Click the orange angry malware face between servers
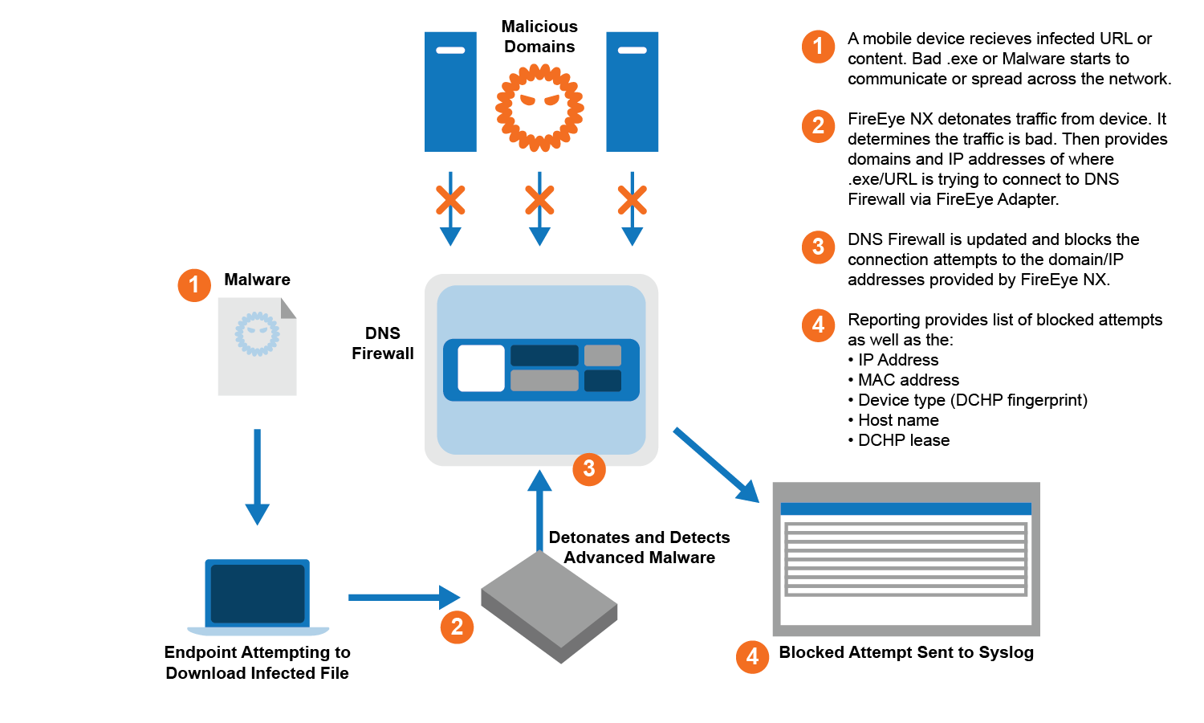coord(539,107)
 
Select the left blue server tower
coord(450,92)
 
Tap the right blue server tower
coord(632,92)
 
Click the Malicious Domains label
coord(539,37)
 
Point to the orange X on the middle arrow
coord(539,200)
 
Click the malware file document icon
coord(257,346)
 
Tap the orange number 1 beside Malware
coord(194,285)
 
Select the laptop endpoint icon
coord(258,597)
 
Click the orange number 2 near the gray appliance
coord(457,627)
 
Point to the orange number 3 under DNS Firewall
coord(589,469)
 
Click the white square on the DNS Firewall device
coord(481,369)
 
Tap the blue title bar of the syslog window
coord(905,509)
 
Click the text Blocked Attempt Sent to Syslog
coord(906,652)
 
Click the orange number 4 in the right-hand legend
coord(818,325)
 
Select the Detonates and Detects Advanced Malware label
coord(639,547)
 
